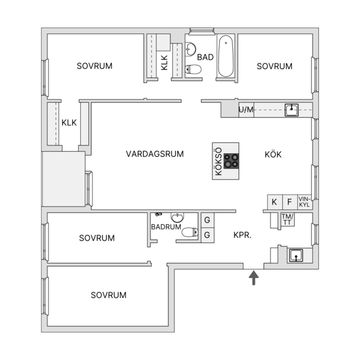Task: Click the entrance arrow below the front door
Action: (x=253, y=278)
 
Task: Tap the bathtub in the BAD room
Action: (x=226, y=56)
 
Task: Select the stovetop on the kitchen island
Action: (x=231, y=161)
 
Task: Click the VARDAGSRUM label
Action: (x=155, y=154)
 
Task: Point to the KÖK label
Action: (x=273, y=155)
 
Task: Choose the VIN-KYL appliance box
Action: (x=304, y=202)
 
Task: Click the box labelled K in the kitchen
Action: (x=275, y=202)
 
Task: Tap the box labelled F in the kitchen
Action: (x=290, y=202)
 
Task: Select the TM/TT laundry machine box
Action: (x=287, y=220)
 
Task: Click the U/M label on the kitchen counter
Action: (x=246, y=109)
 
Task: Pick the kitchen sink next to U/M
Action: (x=292, y=110)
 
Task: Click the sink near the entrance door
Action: (x=296, y=255)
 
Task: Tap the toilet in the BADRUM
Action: (x=190, y=232)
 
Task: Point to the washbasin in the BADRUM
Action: (x=177, y=217)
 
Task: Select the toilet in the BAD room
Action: (x=193, y=69)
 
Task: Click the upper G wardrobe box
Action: (x=208, y=220)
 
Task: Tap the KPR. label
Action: (x=242, y=235)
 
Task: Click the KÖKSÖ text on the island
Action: (x=219, y=161)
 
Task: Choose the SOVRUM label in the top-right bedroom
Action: (x=275, y=66)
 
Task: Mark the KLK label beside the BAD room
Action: (x=164, y=63)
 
